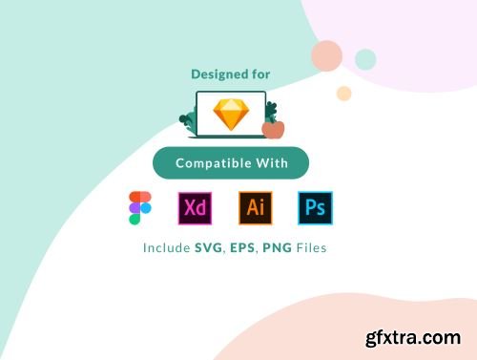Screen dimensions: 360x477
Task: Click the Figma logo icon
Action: pyautogui.click(x=139, y=208)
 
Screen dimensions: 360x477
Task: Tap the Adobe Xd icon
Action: pyautogui.click(x=194, y=207)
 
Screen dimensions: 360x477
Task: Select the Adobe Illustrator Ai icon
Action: pyautogui.click(x=255, y=207)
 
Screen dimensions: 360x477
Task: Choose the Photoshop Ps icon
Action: pyautogui.click(x=315, y=207)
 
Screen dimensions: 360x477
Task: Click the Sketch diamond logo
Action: pyautogui.click(x=230, y=115)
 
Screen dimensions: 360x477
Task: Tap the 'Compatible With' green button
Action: pyautogui.click(x=230, y=163)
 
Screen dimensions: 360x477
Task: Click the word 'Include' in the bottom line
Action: pyautogui.click(x=167, y=247)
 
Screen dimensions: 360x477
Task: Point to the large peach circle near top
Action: pyautogui.click(x=326, y=56)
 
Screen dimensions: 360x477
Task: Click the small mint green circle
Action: pyautogui.click(x=365, y=59)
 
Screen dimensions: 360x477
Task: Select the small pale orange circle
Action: pyautogui.click(x=343, y=93)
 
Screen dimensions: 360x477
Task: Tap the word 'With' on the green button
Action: pyautogui.click(x=270, y=163)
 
